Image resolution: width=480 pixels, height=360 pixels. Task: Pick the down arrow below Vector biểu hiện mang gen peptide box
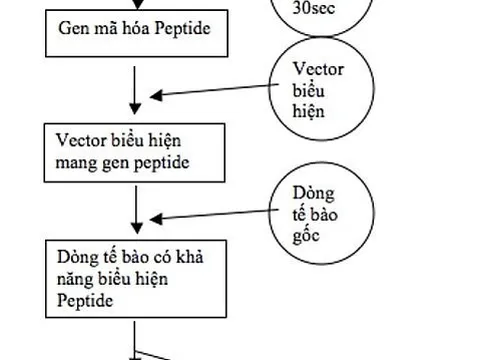pyautogui.click(x=134, y=209)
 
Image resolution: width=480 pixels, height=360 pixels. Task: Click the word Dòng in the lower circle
pyautogui.click(x=313, y=190)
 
